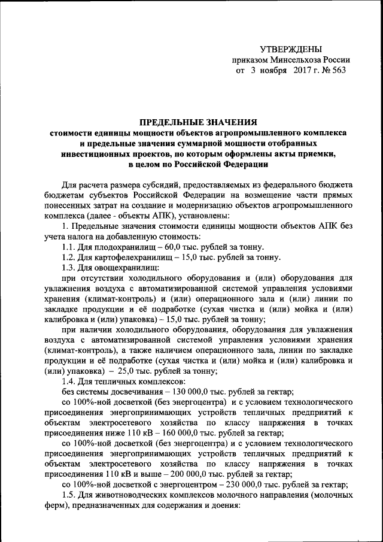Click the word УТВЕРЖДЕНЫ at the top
pos(290,49)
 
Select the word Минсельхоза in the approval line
pos(293,59)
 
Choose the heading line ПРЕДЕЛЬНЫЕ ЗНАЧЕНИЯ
pos(193,120)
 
